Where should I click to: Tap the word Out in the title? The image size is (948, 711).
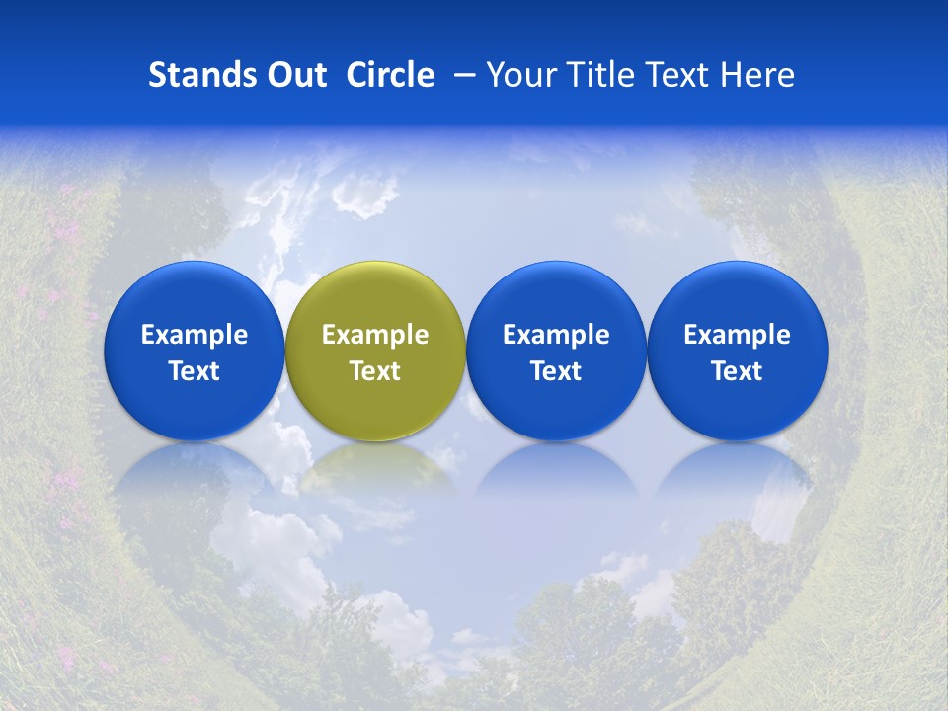293,75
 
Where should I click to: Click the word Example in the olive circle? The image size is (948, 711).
375,335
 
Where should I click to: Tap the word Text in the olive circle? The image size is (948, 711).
375,371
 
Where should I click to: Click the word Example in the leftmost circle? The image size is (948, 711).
195,335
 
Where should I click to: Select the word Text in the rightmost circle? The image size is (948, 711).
737,371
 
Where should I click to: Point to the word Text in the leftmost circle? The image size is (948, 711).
195,371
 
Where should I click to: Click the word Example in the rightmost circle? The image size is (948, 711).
737,335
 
